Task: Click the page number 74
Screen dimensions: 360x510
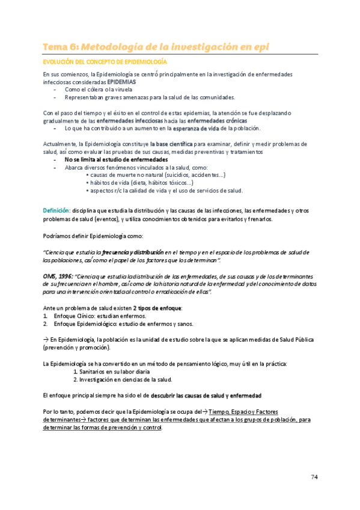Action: click(x=314, y=477)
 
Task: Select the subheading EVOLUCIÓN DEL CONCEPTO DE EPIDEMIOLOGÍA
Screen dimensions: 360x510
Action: click(x=105, y=62)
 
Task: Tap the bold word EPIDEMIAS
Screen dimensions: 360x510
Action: click(x=121, y=81)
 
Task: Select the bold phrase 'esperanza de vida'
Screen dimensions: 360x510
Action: click(x=195, y=128)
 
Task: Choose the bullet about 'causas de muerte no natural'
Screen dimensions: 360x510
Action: click(x=157, y=175)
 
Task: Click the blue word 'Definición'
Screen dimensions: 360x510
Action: click(x=56, y=210)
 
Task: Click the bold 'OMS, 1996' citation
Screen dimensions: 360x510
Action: click(x=58, y=275)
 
